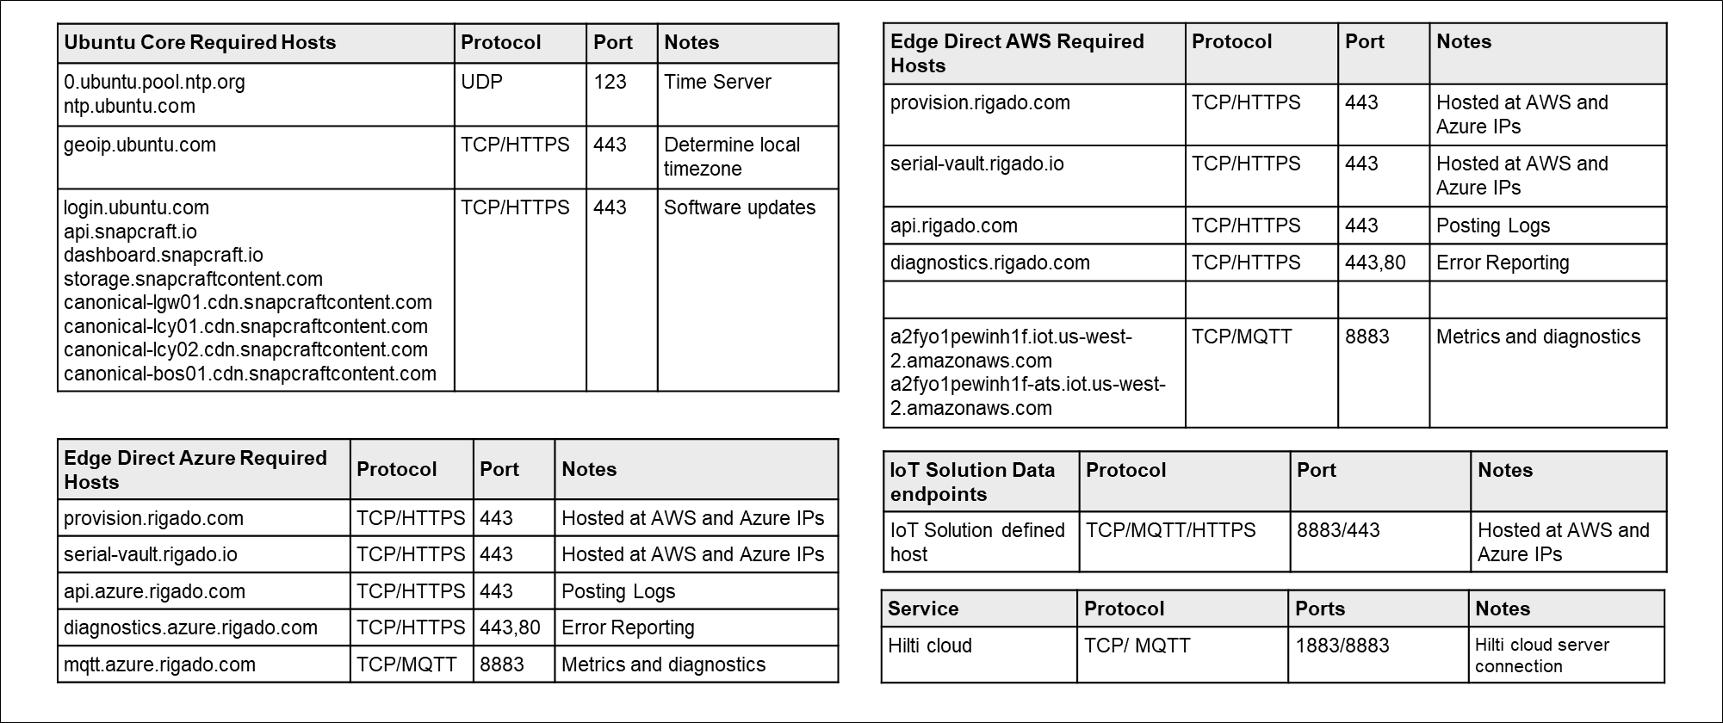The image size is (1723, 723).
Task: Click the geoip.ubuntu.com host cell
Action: tap(140, 145)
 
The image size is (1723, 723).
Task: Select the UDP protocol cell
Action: tap(481, 82)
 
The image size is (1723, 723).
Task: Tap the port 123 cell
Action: tap(610, 82)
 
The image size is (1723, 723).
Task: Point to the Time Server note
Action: tap(717, 82)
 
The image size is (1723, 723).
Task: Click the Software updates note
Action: tap(739, 207)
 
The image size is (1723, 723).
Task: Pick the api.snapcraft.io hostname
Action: tap(130, 232)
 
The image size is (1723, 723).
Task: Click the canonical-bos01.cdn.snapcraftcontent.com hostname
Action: tap(250, 374)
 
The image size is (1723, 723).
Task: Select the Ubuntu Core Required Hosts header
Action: tap(200, 42)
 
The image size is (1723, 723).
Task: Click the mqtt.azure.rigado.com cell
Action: tap(159, 664)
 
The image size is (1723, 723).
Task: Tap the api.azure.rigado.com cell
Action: tap(154, 591)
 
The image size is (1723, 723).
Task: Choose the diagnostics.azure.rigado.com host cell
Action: tap(190, 627)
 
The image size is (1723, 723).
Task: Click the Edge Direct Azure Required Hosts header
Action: tap(195, 469)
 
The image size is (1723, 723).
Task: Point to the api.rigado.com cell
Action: tap(954, 226)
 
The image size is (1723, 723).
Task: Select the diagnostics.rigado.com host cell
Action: tap(990, 263)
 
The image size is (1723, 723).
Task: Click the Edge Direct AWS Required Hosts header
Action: tap(1017, 53)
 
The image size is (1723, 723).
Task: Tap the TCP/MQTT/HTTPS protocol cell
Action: tap(1170, 530)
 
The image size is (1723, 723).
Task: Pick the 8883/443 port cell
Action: tap(1338, 530)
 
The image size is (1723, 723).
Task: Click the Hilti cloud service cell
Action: tap(930, 646)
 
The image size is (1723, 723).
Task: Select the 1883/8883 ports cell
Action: tap(1342, 646)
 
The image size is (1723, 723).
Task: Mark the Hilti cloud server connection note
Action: tap(1541, 655)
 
